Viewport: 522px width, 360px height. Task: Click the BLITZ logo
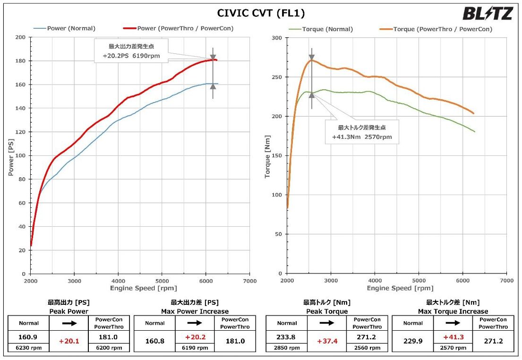click(487, 14)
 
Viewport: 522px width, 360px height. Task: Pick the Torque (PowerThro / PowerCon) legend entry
click(442, 29)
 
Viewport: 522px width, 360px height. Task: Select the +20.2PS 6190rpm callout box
click(128, 51)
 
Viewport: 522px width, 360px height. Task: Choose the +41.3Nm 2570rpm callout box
click(362, 132)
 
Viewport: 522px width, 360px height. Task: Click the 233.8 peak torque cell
click(287, 337)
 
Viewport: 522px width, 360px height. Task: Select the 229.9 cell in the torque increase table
click(413, 341)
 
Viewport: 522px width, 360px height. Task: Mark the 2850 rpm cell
click(287, 348)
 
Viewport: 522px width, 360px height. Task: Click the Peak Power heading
click(68, 311)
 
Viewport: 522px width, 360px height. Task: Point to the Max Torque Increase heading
click(453, 311)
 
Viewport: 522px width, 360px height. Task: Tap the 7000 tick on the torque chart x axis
click(506, 281)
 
